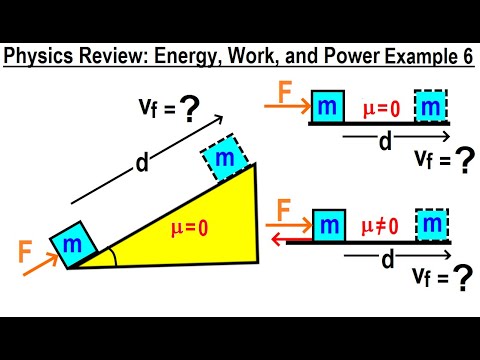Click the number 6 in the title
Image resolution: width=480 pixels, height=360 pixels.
pyautogui.click(x=468, y=57)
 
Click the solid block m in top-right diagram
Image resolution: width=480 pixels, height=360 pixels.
pyautogui.click(x=327, y=106)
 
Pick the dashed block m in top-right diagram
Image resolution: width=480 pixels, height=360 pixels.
pyautogui.click(x=432, y=106)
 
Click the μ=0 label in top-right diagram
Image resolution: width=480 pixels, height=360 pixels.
pyautogui.click(x=379, y=105)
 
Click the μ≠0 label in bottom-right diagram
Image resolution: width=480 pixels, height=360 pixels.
pyautogui.click(x=380, y=227)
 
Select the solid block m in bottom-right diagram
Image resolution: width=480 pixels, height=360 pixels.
pyautogui.click(x=328, y=226)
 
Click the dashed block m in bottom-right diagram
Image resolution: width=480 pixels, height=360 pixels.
pyautogui.click(x=432, y=226)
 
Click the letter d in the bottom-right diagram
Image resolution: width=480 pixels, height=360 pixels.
pyautogui.click(x=383, y=261)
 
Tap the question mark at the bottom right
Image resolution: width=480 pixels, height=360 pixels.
pyautogui.click(x=461, y=283)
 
